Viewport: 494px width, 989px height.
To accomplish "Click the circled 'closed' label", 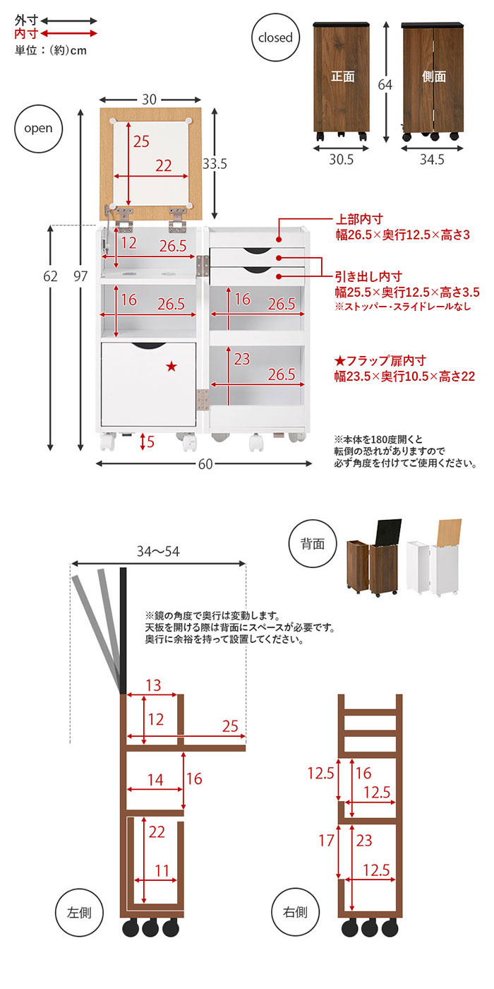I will tap(275, 37).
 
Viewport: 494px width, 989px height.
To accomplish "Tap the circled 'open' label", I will tap(38, 128).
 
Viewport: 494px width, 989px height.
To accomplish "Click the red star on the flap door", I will tap(171, 366).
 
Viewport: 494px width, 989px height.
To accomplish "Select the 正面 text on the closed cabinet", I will tap(342, 76).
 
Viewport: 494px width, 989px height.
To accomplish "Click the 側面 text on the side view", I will tap(433, 76).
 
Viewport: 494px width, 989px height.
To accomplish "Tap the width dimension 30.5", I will tap(342, 160).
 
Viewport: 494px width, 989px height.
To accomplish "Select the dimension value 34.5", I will tap(432, 160).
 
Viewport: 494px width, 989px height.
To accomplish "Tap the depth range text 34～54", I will tap(158, 551).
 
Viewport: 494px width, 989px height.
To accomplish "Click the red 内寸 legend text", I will tap(26, 34).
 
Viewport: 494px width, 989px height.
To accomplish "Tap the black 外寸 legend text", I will tap(26, 21).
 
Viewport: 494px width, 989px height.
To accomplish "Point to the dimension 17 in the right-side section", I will tap(326, 841).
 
